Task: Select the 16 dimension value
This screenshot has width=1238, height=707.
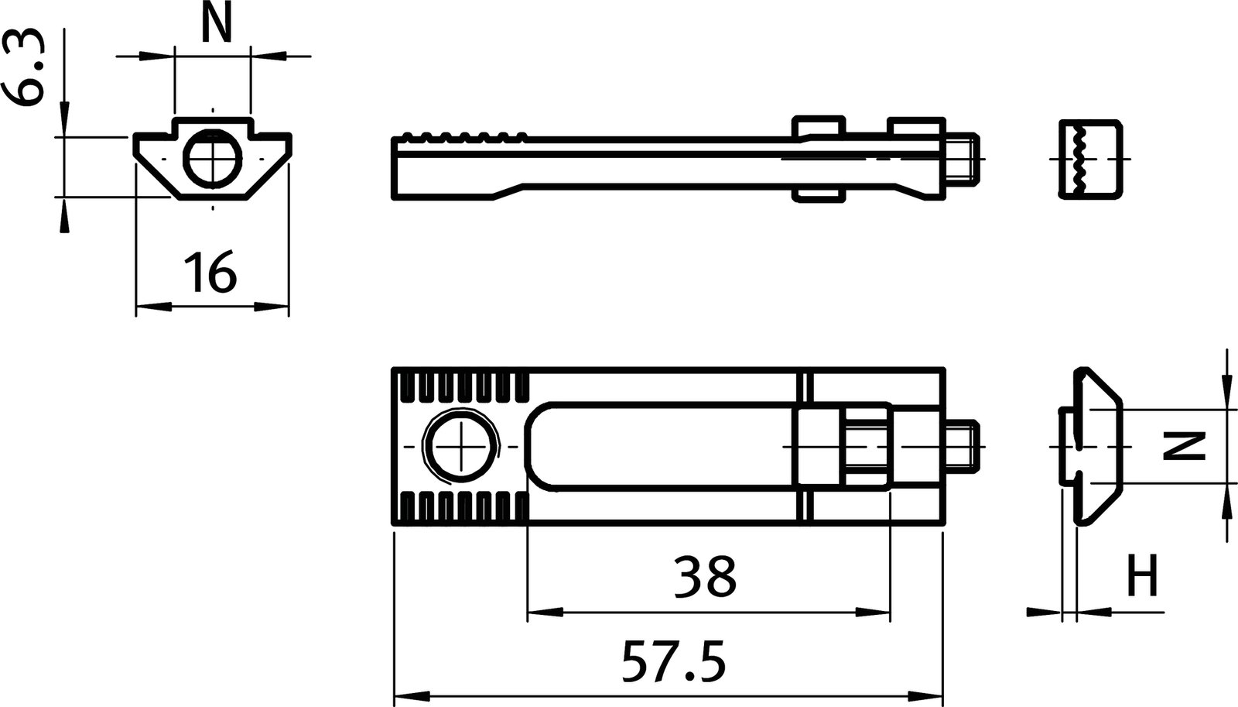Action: tap(210, 273)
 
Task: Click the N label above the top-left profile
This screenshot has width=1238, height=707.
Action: tap(216, 25)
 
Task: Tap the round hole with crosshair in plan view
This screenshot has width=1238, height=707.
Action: tap(462, 448)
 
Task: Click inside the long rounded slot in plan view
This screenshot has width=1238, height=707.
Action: tap(658, 447)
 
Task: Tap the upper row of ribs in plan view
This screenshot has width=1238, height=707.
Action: tap(462, 389)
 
